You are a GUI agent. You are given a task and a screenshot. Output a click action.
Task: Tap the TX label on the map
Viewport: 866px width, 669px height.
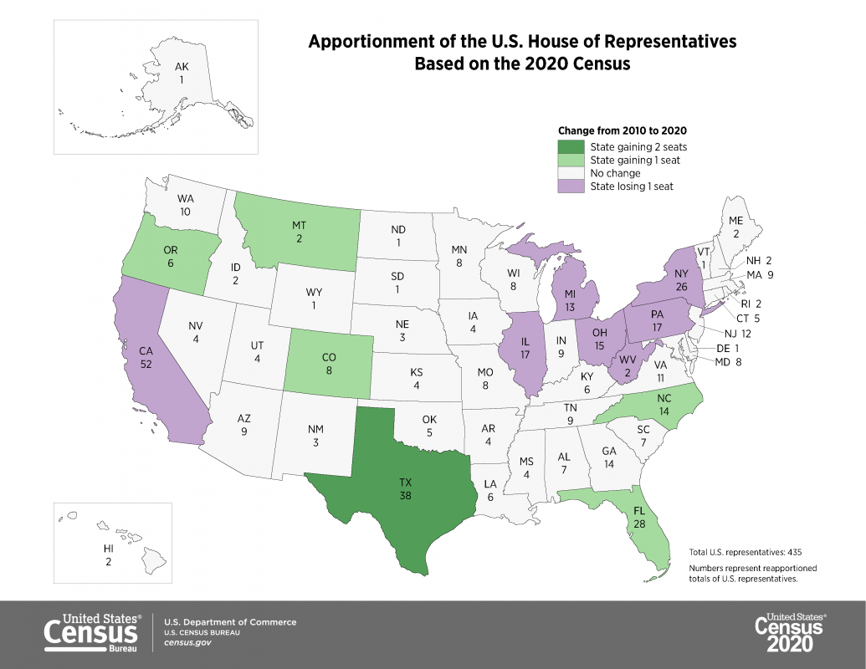tap(406, 483)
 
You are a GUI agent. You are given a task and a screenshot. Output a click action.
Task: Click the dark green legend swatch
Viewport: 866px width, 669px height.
tap(571, 146)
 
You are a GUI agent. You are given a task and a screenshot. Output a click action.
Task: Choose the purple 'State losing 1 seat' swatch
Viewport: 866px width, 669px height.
tap(571, 186)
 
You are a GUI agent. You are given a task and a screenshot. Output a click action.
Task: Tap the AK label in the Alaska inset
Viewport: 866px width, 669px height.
tap(181, 67)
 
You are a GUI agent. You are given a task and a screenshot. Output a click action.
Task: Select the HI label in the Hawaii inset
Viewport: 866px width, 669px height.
tap(108, 548)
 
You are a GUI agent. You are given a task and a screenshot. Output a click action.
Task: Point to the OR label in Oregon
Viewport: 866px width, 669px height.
tap(170, 250)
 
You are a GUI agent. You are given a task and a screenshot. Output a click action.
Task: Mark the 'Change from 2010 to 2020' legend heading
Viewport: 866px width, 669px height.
tap(623, 130)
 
